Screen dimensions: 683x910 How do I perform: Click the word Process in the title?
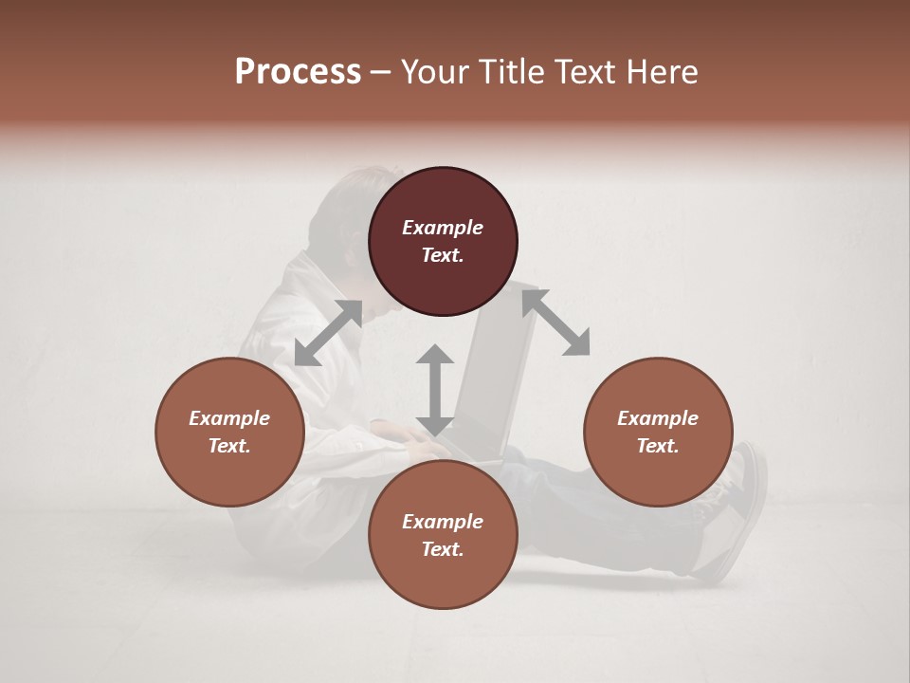[298, 72]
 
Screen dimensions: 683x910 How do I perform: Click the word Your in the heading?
[435, 72]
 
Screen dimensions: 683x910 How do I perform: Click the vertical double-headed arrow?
[435, 390]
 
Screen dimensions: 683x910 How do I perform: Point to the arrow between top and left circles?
[328, 333]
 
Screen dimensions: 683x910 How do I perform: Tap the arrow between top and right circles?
[555, 323]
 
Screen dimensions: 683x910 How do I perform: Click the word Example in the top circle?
[443, 228]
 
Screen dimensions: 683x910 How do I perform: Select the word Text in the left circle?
[229, 446]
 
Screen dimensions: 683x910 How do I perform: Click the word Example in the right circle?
[658, 418]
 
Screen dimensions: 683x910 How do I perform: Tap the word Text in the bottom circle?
[443, 549]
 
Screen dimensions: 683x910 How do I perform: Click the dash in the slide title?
[381, 72]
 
